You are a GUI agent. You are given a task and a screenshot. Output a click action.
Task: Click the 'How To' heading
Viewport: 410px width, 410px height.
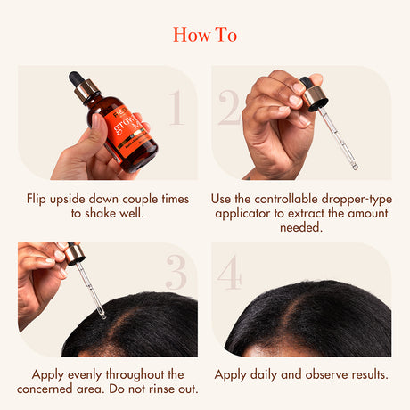[x=205, y=35]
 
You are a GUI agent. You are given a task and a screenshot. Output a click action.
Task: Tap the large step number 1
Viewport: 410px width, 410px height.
[x=176, y=107]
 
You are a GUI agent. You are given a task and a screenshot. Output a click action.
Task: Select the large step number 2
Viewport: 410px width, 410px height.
[x=229, y=107]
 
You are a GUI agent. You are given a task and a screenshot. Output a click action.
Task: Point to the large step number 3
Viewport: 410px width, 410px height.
[x=176, y=274]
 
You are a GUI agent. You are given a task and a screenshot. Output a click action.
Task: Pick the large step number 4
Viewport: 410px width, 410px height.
[x=230, y=274]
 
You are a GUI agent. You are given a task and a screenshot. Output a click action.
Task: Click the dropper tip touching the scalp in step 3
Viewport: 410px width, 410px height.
[x=101, y=313]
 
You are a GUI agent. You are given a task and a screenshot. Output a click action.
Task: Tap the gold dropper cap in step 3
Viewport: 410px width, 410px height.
[x=75, y=254]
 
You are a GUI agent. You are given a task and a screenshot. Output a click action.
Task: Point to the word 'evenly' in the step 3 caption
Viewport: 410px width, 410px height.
[x=86, y=374]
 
